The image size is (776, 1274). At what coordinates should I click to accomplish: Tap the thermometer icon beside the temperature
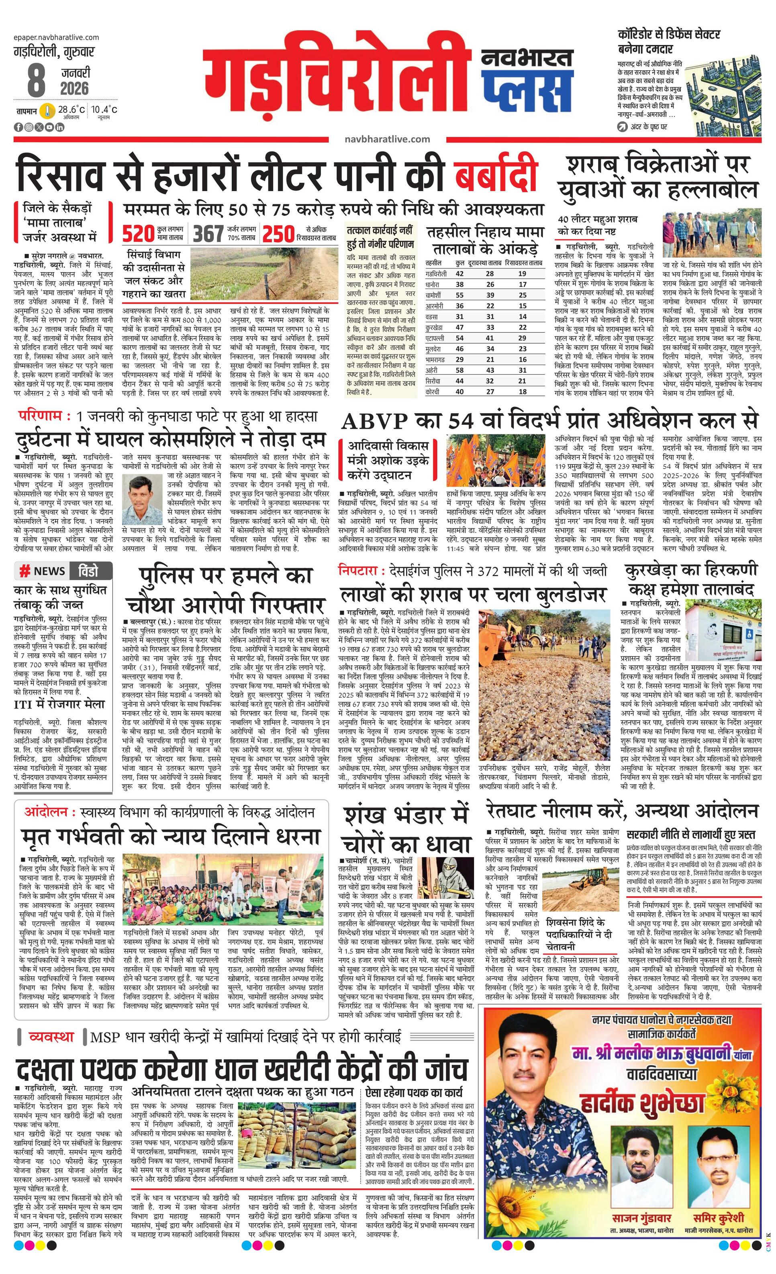point(48,111)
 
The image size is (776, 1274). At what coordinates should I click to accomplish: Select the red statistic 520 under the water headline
point(139,234)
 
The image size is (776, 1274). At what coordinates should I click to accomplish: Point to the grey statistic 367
point(208,234)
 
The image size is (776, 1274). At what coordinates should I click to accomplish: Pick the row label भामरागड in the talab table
point(435,359)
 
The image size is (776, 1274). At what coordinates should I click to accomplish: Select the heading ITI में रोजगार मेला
point(59,704)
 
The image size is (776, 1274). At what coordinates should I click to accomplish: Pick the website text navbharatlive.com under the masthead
point(387,139)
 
